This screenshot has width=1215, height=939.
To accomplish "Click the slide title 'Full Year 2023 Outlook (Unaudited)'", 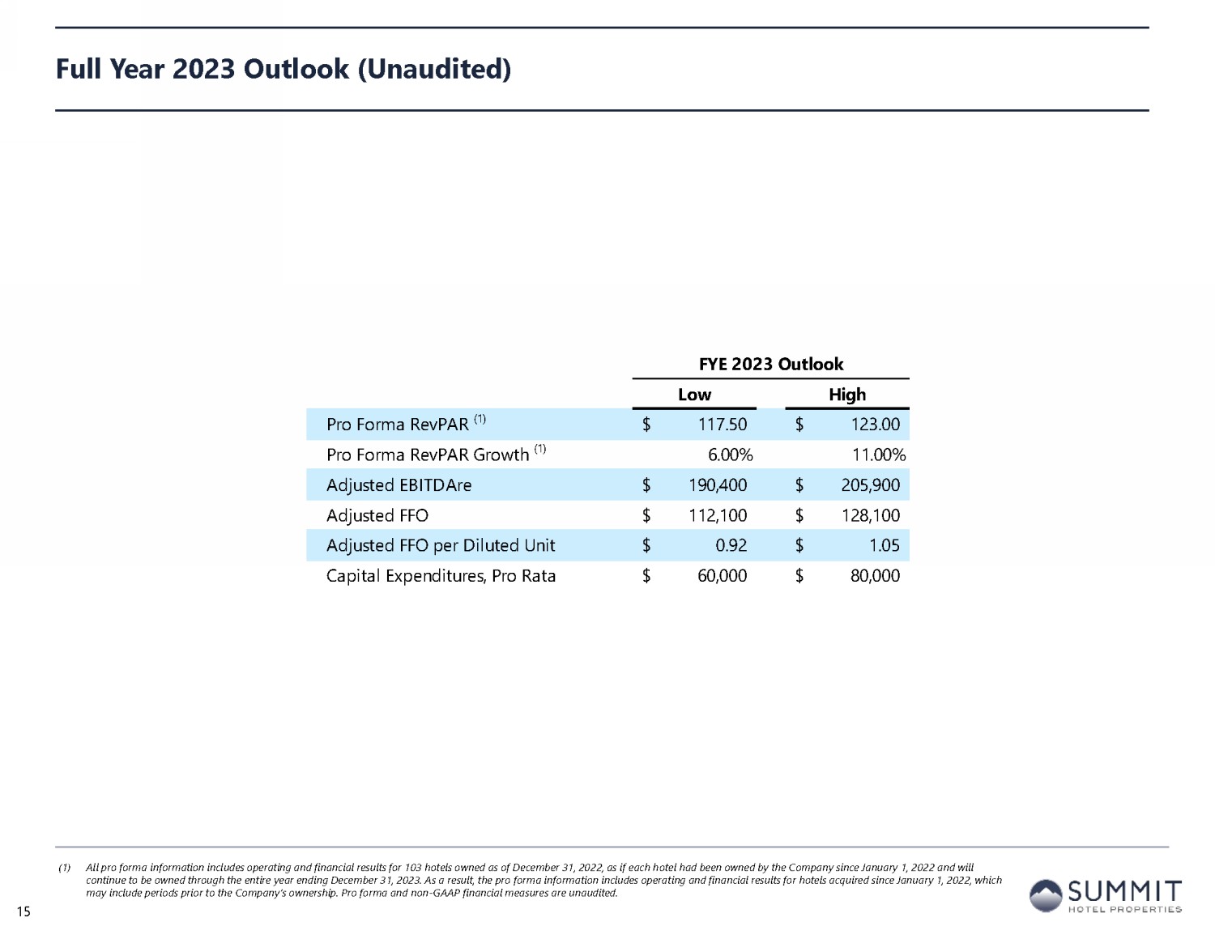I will tap(283, 69).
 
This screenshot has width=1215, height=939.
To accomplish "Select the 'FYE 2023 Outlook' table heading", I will tap(771, 364).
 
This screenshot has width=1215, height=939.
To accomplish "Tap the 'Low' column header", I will tap(694, 395).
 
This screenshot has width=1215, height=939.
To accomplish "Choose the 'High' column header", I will tap(847, 395).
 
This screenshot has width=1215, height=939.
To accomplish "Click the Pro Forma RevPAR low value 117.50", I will tap(723, 425).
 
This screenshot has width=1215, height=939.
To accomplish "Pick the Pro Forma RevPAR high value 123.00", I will tap(875, 425).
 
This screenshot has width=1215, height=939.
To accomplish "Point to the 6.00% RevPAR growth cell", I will tap(730, 455).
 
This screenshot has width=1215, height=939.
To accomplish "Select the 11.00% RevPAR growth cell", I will tap(878, 455).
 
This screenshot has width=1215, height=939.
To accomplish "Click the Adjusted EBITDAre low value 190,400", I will tap(718, 485).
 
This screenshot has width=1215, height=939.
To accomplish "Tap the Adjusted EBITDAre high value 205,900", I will tap(871, 485).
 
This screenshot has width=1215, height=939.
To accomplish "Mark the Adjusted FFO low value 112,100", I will tap(718, 515).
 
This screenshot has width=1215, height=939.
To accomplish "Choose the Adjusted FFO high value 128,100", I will tap(871, 515).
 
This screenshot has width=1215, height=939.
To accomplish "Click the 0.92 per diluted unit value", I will tap(731, 545).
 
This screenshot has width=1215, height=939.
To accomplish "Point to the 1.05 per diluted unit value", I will tap(884, 545).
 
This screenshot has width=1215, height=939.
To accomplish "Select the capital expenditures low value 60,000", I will tap(722, 576).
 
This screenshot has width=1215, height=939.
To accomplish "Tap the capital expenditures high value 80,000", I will tap(875, 576).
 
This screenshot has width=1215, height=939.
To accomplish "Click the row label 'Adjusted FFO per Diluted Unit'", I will tap(441, 545).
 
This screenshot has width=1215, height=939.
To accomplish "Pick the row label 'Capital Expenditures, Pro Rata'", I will tap(441, 576).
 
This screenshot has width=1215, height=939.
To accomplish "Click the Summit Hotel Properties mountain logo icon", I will tap(1046, 896).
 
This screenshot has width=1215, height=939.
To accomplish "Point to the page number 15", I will tap(23, 912).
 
